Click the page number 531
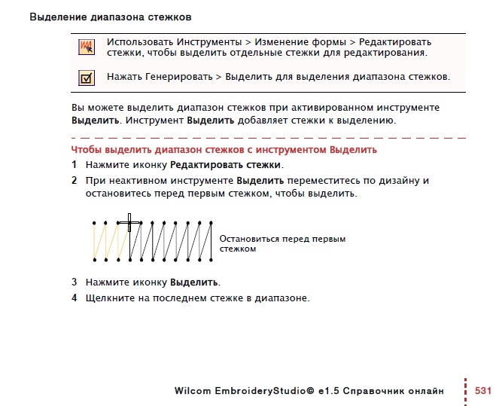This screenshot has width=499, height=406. click(482, 391)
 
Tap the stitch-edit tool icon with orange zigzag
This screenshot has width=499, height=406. click(87, 47)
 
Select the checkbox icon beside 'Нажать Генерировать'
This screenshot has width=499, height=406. click(87, 77)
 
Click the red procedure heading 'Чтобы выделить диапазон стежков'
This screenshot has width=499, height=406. click(224, 150)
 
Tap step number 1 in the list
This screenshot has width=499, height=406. click(75, 164)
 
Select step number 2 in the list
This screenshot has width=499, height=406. click(75, 181)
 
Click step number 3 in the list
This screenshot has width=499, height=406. click(75, 282)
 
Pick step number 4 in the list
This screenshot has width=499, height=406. click(75, 298)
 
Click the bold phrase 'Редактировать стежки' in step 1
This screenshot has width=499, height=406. click(226, 164)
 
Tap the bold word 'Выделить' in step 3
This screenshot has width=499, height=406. click(195, 282)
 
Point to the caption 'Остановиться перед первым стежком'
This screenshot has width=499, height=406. click(282, 243)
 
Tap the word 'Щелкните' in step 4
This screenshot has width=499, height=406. click(109, 298)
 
